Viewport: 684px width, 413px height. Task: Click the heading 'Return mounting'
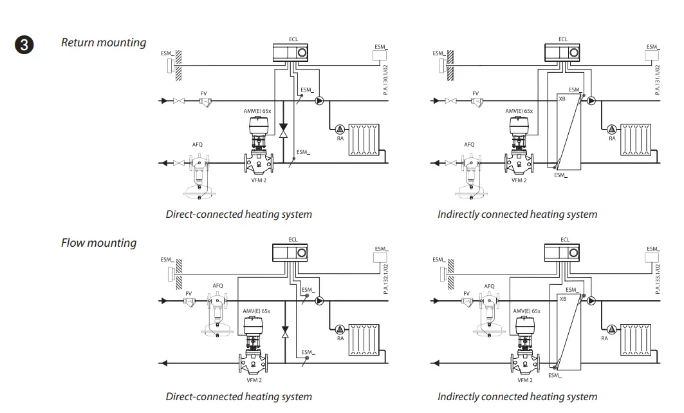(104, 43)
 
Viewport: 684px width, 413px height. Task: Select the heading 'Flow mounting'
(98, 243)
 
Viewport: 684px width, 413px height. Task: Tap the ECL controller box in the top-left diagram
(293, 52)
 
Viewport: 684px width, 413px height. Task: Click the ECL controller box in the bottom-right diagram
(564, 252)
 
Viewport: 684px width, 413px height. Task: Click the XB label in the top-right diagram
(562, 99)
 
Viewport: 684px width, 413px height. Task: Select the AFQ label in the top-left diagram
(198, 144)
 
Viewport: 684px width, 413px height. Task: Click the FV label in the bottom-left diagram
(189, 293)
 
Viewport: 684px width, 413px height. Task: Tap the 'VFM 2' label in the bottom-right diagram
(525, 380)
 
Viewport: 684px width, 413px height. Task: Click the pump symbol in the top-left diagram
(320, 101)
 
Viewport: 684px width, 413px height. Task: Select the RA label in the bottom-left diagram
(340, 338)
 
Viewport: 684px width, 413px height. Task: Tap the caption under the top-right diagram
(517, 214)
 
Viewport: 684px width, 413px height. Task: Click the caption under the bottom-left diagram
(239, 396)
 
